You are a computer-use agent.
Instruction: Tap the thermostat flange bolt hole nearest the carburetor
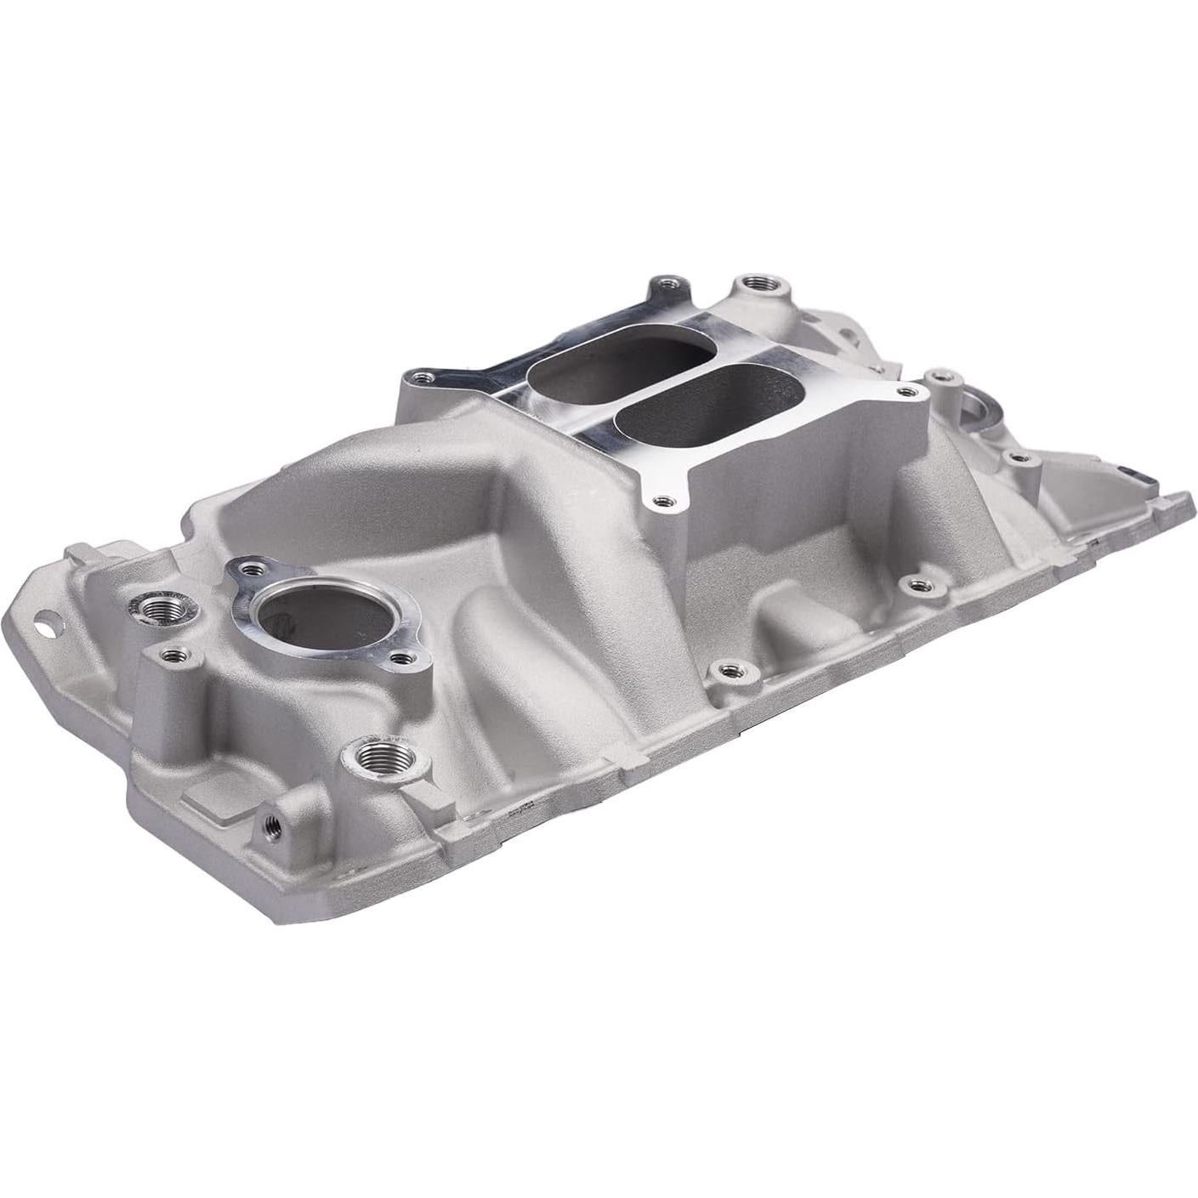[247, 565]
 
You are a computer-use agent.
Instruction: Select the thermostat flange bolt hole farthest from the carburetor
[398, 657]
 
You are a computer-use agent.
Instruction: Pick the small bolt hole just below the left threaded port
[173, 655]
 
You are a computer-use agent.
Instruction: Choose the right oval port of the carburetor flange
[710, 412]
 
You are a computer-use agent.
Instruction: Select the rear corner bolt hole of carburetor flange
[666, 282]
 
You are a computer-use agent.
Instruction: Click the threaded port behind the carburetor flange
[751, 284]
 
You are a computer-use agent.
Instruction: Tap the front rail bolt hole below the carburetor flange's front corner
[729, 672]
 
